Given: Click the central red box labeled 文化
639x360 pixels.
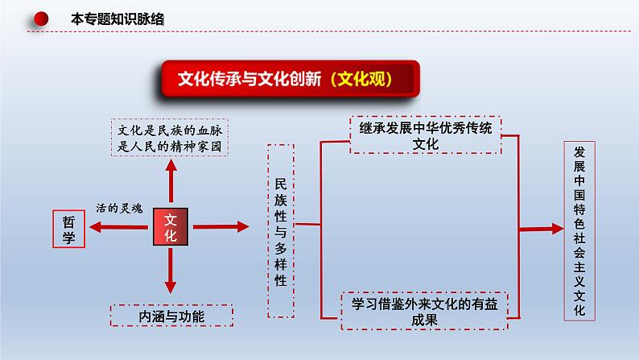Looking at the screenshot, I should click(170, 229).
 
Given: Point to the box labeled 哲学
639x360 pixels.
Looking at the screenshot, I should click(68, 230).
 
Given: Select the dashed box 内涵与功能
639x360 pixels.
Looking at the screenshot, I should click(171, 317).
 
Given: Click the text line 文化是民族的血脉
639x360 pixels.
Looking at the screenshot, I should click(168, 130).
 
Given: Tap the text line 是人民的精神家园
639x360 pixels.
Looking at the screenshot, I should click(168, 147).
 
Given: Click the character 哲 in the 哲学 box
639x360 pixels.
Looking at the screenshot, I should click(68, 221).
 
